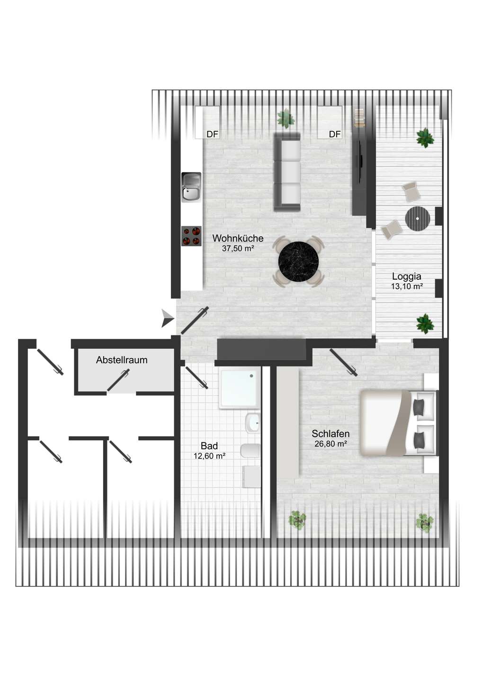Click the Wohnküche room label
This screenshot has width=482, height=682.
point(238,238)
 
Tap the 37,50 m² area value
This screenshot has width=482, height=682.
point(238,249)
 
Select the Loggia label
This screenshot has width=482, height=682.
point(407,277)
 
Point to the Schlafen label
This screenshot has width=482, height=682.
point(330,433)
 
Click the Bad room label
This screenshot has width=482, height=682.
point(209,446)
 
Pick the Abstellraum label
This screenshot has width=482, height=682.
point(122,360)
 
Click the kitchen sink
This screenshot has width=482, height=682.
point(191,187)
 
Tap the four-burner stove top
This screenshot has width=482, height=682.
point(191,236)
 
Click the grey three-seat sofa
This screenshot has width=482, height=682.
point(287,172)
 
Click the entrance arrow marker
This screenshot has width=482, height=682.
point(167,318)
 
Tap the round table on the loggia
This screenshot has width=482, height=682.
point(418,218)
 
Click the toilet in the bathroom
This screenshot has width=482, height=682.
point(250,450)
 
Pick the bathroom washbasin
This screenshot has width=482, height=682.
point(252,423)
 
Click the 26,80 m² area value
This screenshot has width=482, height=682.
point(331,444)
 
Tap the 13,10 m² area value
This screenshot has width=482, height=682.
point(407,287)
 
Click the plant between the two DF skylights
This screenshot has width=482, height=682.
point(286,118)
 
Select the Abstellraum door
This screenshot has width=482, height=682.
point(118,380)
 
